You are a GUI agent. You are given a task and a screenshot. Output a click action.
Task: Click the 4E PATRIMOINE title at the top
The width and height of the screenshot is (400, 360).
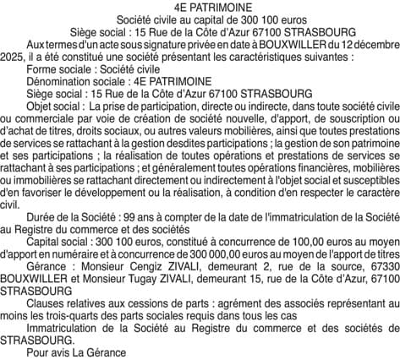coord(200,8)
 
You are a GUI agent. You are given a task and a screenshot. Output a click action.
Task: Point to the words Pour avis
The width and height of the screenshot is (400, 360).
coord(47,352)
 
